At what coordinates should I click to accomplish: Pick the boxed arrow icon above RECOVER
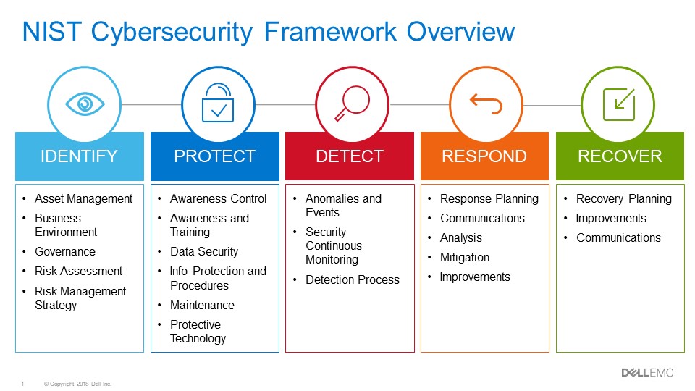(619, 104)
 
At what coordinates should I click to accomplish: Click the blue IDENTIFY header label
(80, 156)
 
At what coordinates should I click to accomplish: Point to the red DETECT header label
(350, 156)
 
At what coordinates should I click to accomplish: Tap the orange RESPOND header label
(484, 156)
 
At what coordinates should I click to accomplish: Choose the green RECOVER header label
(620, 156)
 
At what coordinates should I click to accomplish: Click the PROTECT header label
(214, 156)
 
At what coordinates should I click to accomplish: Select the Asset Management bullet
(83, 198)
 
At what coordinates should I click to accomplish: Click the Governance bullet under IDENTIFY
(64, 251)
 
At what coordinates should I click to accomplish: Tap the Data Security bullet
(203, 251)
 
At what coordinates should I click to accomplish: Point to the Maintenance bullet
(202, 305)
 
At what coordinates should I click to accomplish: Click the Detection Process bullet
(352, 279)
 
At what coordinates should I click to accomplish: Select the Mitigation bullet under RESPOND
(464, 257)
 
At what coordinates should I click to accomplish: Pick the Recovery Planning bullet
(623, 198)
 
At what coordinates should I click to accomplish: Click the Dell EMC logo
(647, 372)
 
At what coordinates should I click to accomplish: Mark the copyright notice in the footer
(78, 384)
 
